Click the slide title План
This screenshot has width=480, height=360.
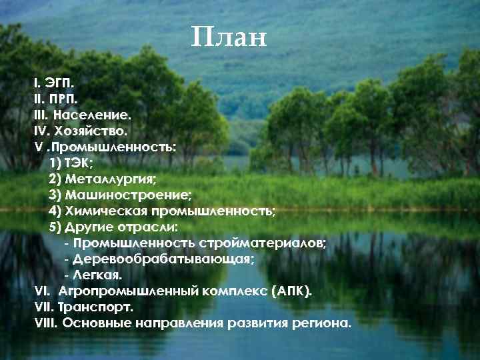point(228,37)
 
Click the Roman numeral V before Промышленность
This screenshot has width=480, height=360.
point(38,147)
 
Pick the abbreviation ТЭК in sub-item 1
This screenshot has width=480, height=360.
point(79,163)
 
